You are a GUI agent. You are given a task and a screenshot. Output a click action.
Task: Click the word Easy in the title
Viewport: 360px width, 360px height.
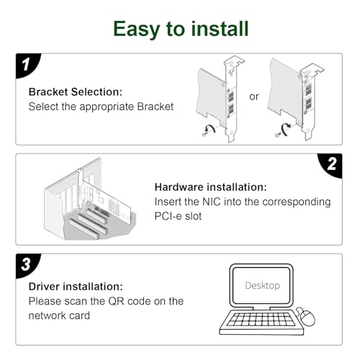click(x=137, y=30)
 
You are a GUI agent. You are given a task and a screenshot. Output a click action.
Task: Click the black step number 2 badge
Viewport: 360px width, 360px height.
click(x=330, y=166)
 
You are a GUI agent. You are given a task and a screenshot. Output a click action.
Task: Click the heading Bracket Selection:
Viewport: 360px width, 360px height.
click(x=76, y=92)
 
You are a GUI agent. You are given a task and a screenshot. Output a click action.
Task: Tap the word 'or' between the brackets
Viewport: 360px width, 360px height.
click(x=254, y=96)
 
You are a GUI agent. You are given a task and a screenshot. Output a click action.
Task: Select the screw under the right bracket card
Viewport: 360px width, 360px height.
click(x=278, y=135)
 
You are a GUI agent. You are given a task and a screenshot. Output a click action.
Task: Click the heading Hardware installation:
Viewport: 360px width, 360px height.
click(x=210, y=187)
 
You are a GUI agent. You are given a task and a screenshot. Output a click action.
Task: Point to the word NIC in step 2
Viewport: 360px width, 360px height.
click(x=212, y=202)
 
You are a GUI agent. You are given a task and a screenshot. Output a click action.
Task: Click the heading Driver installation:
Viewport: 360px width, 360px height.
click(x=76, y=287)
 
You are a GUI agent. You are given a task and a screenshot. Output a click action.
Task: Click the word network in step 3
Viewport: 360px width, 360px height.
click(x=44, y=315)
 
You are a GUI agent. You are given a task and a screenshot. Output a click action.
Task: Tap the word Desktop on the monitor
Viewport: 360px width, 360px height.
click(x=263, y=285)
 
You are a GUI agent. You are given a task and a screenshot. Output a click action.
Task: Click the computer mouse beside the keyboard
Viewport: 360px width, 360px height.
click(x=307, y=316)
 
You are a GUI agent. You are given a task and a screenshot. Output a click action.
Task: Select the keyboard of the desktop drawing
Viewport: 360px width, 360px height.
click(x=261, y=323)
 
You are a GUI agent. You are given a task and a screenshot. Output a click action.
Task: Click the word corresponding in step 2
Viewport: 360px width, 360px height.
click(x=297, y=202)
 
